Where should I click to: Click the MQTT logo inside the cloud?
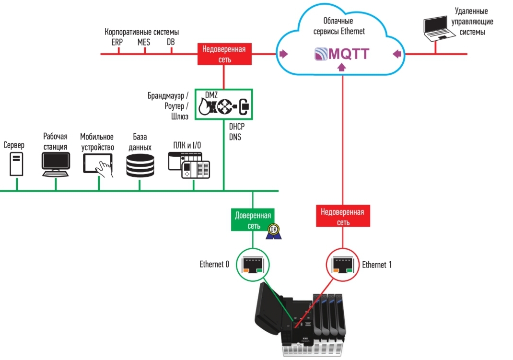click(342, 54)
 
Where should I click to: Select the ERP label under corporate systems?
click(117, 42)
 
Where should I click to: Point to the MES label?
click(143, 42)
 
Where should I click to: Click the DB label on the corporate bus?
click(171, 42)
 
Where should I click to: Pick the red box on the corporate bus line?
click(224, 54)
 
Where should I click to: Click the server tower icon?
click(16, 163)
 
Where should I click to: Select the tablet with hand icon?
click(98, 164)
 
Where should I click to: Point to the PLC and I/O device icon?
click(189, 165)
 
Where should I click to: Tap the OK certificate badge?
click(273, 231)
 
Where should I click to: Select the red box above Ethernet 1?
click(342, 217)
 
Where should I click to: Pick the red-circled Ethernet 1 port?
click(343, 265)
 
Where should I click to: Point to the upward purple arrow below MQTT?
click(341, 68)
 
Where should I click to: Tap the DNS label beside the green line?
click(235, 137)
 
